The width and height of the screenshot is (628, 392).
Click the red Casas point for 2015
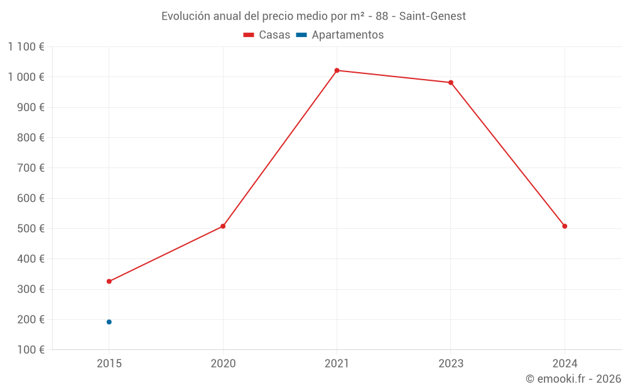[109, 282]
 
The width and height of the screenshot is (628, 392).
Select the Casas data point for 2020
[223, 226]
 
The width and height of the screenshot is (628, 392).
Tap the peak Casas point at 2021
[337, 70]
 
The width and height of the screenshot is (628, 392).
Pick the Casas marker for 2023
[451, 83]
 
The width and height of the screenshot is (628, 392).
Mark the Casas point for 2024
[565, 226]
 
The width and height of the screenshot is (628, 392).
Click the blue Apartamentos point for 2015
[109, 322]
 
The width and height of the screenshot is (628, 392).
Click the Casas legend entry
[267, 35]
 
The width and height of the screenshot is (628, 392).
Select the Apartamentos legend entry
[340, 35]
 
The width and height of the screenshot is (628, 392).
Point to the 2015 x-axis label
[109, 363]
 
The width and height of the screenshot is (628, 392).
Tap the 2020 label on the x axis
[223, 363]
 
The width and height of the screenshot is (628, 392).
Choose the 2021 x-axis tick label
[337, 363]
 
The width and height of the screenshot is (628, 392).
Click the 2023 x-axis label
[451, 363]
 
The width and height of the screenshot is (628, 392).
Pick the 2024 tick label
[565, 363]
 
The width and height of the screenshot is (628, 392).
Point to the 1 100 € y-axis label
[26, 47]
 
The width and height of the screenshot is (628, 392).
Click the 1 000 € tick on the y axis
[26, 77]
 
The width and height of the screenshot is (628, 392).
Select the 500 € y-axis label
[30, 229]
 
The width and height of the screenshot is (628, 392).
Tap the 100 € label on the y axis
[30, 350]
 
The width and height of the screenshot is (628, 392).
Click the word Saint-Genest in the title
[433, 16]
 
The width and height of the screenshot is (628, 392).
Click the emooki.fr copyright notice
[573, 379]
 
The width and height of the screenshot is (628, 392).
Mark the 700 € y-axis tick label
[30, 168]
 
